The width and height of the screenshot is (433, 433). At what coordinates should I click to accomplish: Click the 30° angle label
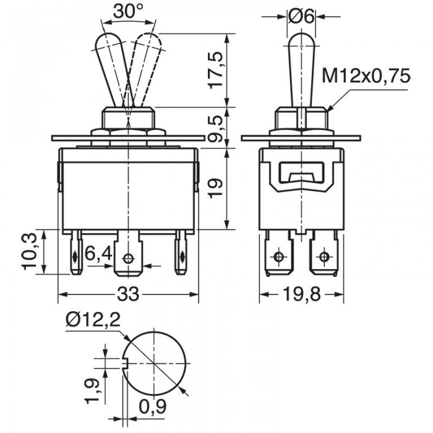[x=128, y=12]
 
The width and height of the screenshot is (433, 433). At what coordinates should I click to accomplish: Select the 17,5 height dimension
[x=216, y=70]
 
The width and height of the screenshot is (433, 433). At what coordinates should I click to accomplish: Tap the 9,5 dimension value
[x=216, y=129]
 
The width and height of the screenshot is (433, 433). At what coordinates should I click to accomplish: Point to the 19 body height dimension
[x=215, y=188]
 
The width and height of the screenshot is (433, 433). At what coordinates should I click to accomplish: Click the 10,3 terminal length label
[x=29, y=251]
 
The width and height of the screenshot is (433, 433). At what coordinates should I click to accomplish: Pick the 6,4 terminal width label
[x=98, y=254]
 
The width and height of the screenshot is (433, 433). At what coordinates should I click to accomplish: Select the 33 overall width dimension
[x=128, y=294]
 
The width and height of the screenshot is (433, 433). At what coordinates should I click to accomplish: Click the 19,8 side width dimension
[x=302, y=294]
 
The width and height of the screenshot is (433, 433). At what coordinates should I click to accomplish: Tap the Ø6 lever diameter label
[x=301, y=17]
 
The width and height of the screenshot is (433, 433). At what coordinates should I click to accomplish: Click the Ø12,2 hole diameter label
[x=93, y=320]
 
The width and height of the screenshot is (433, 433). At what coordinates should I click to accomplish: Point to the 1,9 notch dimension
[x=92, y=391]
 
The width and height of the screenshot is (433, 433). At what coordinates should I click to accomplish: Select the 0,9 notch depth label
[x=153, y=407]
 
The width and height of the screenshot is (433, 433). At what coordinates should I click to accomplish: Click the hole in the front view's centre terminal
[x=129, y=259]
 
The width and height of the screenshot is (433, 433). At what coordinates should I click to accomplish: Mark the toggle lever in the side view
[x=301, y=69]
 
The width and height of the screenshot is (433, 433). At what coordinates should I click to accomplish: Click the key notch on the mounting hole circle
[x=124, y=362]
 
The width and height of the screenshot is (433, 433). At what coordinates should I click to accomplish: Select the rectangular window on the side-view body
[x=301, y=173]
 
